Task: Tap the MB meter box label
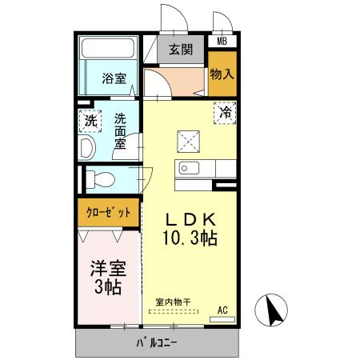(222, 41)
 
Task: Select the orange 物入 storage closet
(222, 74)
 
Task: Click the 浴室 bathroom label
(114, 78)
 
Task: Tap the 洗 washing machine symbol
(91, 122)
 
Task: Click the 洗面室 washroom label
(120, 130)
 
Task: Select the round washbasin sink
(87, 147)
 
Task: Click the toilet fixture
(99, 178)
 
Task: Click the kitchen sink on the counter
(190, 168)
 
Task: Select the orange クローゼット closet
(109, 214)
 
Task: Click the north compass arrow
(273, 310)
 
